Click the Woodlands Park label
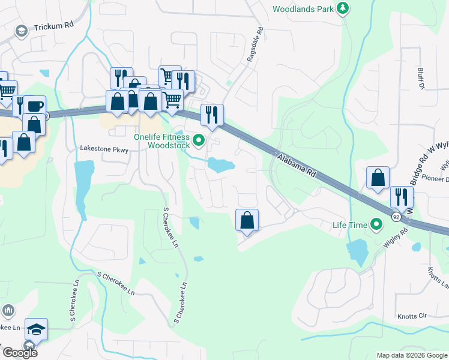click(303, 9)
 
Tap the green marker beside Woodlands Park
click(342, 8)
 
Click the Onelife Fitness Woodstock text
click(161, 141)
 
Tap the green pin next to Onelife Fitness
click(199, 141)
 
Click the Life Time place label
click(349, 225)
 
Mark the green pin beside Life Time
click(376, 225)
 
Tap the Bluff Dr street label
click(421, 79)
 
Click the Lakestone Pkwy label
click(104, 149)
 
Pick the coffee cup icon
click(35, 106)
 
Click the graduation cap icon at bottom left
click(36, 328)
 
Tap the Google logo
click(19, 353)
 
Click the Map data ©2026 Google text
click(411, 355)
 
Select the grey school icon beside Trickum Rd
click(22, 31)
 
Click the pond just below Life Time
click(357, 252)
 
